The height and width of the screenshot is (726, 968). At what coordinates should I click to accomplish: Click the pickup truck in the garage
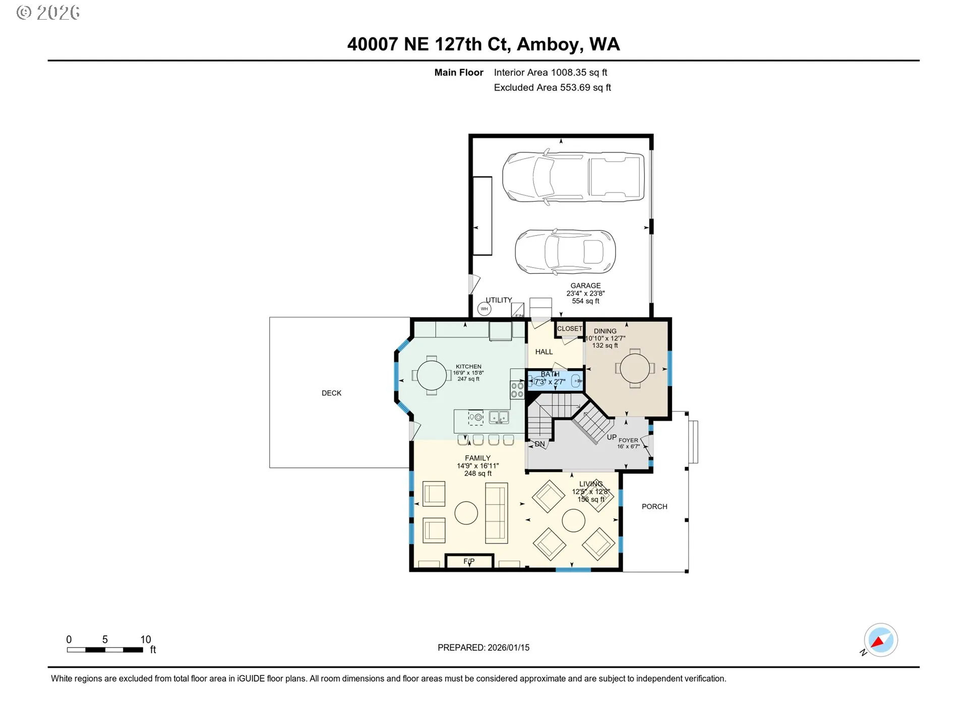coord(573,177)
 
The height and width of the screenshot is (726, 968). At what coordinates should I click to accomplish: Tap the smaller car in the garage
coord(565,252)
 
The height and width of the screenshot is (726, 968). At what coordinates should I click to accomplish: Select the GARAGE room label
coord(585,285)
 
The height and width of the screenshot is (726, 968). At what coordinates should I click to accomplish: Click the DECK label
coord(332,393)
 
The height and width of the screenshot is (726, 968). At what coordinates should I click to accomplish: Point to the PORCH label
coord(654,507)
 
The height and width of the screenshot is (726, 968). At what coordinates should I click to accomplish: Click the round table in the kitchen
coord(432,376)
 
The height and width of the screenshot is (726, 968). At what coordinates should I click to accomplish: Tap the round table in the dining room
coord(635,369)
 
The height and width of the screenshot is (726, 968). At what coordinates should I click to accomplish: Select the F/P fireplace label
coord(469,561)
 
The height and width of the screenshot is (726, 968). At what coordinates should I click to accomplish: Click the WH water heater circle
coord(484,309)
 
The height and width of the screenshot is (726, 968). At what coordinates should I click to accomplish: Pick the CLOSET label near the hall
coord(570,329)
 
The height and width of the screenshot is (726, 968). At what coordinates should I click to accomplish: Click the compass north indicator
coord(881,640)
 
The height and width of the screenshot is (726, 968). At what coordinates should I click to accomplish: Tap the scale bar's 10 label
coord(146,639)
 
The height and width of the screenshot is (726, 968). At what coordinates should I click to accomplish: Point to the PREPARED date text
coord(483,648)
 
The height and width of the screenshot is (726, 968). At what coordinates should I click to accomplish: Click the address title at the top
coord(483,44)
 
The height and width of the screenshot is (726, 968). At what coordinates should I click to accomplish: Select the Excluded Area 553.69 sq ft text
coord(553,88)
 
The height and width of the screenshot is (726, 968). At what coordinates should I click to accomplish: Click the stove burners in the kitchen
coord(517,390)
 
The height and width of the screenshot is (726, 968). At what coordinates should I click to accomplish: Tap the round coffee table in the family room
coord(466,513)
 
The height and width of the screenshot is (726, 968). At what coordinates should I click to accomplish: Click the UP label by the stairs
coord(612,437)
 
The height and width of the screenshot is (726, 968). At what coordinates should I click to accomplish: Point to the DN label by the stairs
coord(540,444)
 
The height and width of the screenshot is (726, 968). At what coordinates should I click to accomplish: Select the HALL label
coord(544,352)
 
